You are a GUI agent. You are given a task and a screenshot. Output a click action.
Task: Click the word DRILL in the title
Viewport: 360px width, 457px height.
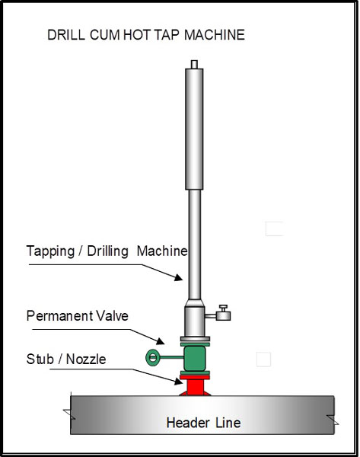tap(65, 35)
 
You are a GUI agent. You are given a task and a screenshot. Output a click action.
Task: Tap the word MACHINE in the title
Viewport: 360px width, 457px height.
tap(215, 35)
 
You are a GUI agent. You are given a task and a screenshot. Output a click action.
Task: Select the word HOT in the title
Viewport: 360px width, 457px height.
tap(136, 35)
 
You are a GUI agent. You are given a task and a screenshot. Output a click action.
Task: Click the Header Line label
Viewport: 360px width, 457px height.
tap(203, 423)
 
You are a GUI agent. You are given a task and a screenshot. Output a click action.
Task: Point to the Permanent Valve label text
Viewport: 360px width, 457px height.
tap(77, 315)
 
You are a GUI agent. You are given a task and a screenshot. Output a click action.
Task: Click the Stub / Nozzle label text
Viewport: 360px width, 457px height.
tap(66, 359)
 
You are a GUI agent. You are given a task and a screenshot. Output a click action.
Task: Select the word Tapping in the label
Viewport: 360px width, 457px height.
tap(50, 251)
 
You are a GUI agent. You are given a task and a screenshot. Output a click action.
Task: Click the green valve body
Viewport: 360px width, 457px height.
tap(195, 358)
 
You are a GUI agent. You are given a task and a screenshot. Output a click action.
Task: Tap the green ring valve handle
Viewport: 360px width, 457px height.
tap(146, 357)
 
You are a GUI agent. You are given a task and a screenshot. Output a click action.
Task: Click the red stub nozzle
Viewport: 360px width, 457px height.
tap(195, 385)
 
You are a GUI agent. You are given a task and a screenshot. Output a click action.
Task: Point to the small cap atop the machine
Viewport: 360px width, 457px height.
tap(194, 64)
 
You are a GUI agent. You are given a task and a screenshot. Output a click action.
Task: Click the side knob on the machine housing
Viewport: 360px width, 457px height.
tap(224, 312)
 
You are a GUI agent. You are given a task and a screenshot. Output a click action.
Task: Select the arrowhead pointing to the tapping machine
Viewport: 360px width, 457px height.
tap(179, 277)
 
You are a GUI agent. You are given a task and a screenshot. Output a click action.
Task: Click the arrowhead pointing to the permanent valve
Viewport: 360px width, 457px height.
tap(160, 340)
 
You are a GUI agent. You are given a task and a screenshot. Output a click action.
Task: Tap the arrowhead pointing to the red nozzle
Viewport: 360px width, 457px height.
tap(178, 381)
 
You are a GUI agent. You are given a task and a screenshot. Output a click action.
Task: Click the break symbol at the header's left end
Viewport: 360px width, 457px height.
tap(69, 414)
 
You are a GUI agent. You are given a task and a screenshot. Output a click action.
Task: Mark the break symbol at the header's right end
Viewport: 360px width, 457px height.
tap(333, 420)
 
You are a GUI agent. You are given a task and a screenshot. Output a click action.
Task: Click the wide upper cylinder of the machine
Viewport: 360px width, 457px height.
tap(194, 129)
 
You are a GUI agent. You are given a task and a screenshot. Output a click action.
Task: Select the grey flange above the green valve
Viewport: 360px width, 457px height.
tap(195, 339)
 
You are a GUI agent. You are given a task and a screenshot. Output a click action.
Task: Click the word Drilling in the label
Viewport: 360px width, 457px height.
tap(107, 251)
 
